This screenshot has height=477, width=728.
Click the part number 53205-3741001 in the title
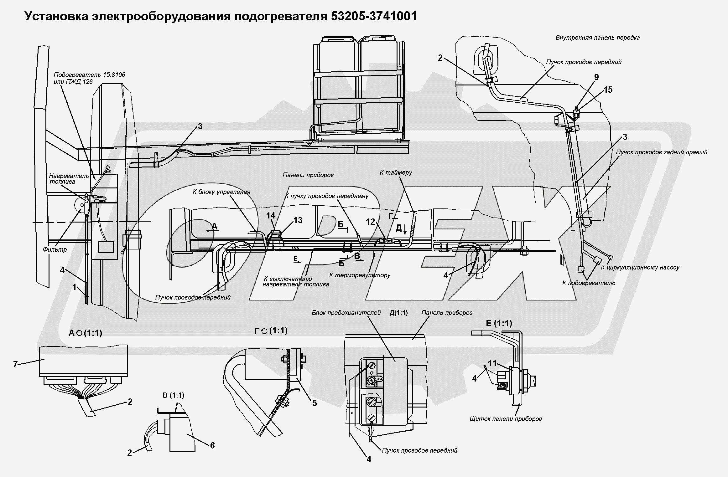[x=374, y=16]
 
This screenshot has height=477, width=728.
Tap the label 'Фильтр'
[x=55, y=249]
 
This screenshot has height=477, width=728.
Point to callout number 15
[x=608, y=90]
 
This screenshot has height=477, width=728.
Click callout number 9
[x=596, y=77]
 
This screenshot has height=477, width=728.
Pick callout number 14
[x=270, y=215]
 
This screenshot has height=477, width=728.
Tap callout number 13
[x=297, y=220]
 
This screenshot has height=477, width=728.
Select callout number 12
[x=370, y=222]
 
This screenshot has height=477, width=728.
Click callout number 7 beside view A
[x=15, y=364]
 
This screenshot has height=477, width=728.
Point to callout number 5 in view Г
[x=314, y=403]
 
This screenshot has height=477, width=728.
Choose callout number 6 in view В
[x=212, y=445]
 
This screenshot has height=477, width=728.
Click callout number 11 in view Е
[x=492, y=363]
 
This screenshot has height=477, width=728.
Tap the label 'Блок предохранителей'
[x=346, y=313]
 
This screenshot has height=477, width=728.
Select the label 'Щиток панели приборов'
[x=506, y=419]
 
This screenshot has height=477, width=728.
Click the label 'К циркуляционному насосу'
[x=640, y=268]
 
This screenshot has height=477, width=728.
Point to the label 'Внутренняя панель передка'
[x=597, y=38]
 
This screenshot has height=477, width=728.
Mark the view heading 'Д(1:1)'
[x=398, y=313]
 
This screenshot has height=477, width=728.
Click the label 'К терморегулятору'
[x=360, y=275]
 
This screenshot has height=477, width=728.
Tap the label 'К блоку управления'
[x=221, y=192]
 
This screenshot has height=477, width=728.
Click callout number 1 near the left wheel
[x=74, y=287]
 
